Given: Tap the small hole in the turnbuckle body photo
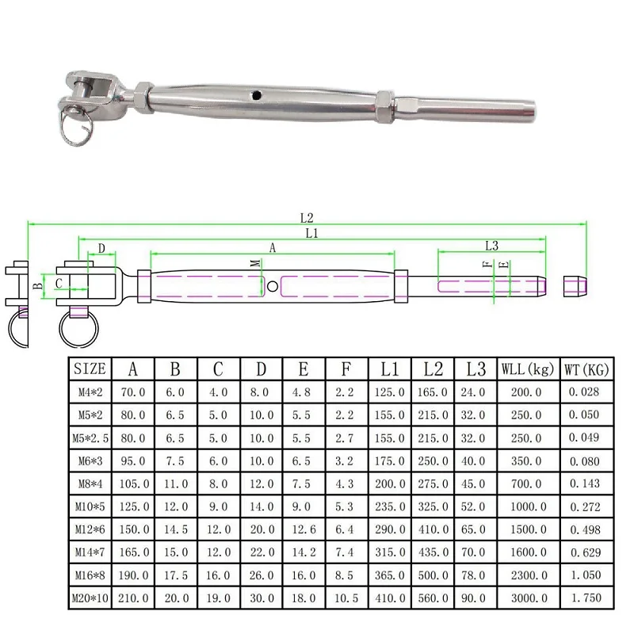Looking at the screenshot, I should pyautogui.click(x=257, y=96).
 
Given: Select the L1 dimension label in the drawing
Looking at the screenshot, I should pyautogui.click(x=311, y=233).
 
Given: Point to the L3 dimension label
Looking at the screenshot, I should pyautogui.click(x=491, y=246).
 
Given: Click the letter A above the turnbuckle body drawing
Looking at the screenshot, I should pyautogui.click(x=272, y=248).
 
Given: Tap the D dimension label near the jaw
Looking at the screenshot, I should pyautogui.click(x=101, y=249).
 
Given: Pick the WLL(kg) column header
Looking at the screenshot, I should pyautogui.click(x=528, y=369).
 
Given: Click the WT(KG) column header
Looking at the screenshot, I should pyautogui.click(x=585, y=369).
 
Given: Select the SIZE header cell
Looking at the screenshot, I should pyautogui.click(x=90, y=369).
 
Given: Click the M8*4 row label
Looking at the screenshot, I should pyautogui.click(x=90, y=482).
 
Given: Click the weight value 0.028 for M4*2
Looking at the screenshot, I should pyautogui.click(x=585, y=391).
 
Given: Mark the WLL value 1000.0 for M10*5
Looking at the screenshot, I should pyautogui.click(x=528, y=505).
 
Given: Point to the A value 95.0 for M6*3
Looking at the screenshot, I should pyautogui.click(x=132, y=460).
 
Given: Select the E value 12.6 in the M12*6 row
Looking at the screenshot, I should pyautogui.click(x=304, y=528).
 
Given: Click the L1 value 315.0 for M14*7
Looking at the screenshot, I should pyautogui.click(x=390, y=551).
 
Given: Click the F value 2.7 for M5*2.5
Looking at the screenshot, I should pyautogui.click(x=347, y=437).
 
